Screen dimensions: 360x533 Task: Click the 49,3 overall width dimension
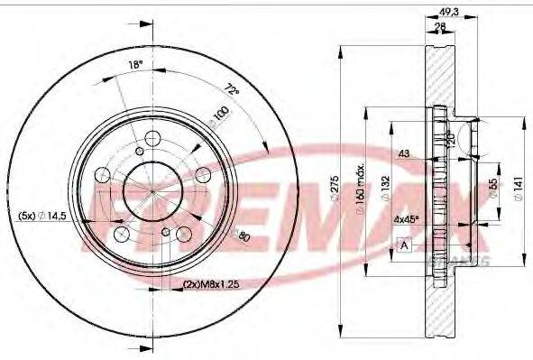point(446,12)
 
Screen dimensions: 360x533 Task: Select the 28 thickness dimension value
point(439,27)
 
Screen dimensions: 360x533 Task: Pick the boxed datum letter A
point(405,244)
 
